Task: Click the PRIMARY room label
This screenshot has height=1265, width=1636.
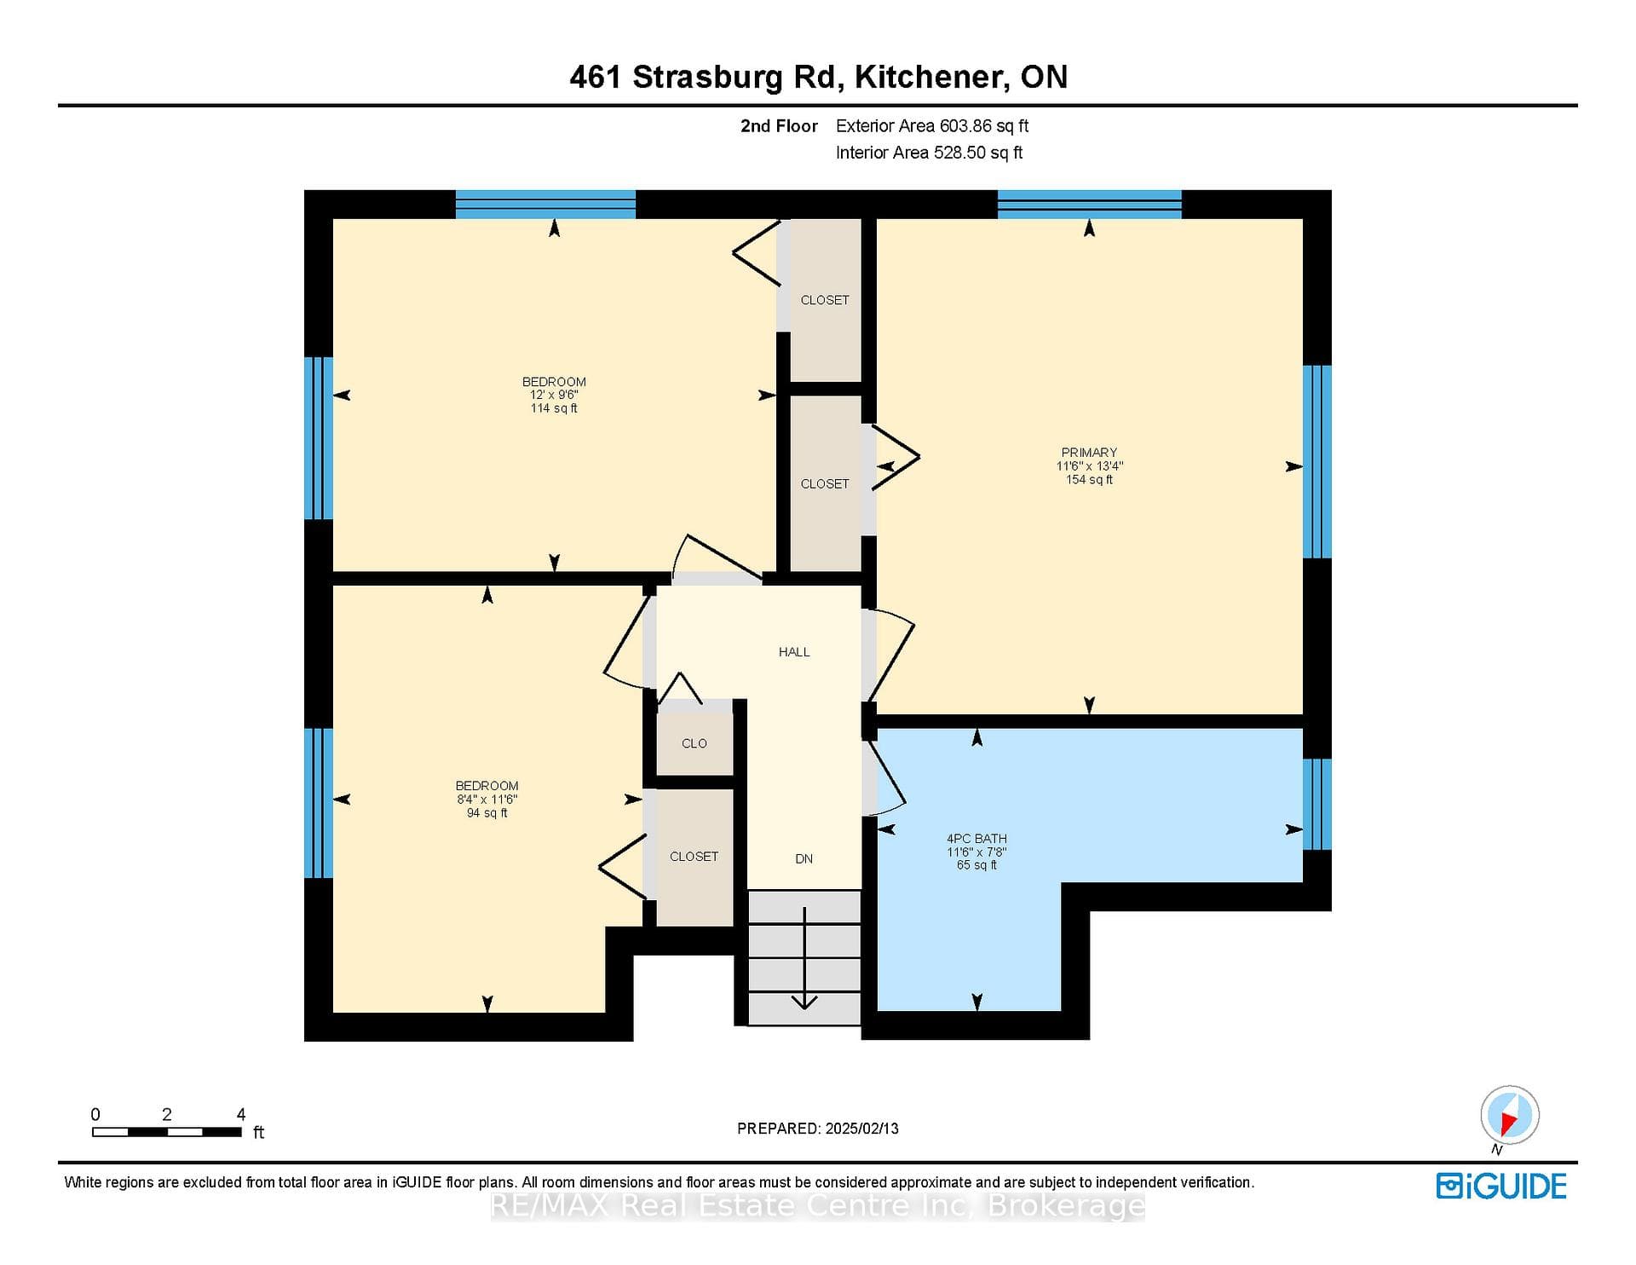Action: pyautogui.click(x=1089, y=453)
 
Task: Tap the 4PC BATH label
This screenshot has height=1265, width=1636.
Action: pyautogui.click(x=976, y=839)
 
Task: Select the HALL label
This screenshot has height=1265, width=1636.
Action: pyautogui.click(x=794, y=652)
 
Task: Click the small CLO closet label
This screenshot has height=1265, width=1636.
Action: pyautogui.click(x=694, y=743)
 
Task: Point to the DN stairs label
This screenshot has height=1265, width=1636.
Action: pyautogui.click(x=804, y=858)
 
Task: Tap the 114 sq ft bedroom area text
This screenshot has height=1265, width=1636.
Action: pyautogui.click(x=554, y=408)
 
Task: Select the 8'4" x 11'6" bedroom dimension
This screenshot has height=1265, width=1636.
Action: pyautogui.click(x=487, y=800)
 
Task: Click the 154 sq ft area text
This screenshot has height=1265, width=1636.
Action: pyautogui.click(x=1089, y=480)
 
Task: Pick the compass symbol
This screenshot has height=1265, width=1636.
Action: pyautogui.click(x=1510, y=1116)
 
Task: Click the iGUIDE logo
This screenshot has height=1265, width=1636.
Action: pyautogui.click(x=1501, y=1187)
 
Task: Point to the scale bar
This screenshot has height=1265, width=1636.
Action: pyautogui.click(x=167, y=1132)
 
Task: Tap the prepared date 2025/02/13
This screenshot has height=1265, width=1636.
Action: pyautogui.click(x=862, y=1129)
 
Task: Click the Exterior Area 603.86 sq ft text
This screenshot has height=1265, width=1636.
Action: pyautogui.click(x=932, y=126)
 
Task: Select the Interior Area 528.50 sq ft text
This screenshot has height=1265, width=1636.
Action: pyautogui.click(x=929, y=153)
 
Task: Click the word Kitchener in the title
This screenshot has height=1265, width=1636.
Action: pyautogui.click(x=927, y=78)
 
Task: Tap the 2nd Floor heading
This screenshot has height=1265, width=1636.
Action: pyautogui.click(x=779, y=126)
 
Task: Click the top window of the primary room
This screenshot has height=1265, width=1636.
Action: pyautogui.click(x=1090, y=205)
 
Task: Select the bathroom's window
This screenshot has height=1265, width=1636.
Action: pyautogui.click(x=1317, y=805)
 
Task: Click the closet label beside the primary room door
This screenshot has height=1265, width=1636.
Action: pyautogui.click(x=825, y=484)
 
